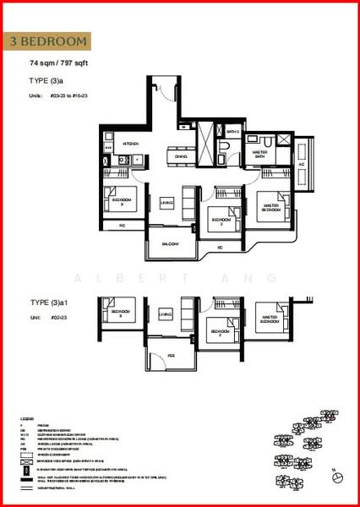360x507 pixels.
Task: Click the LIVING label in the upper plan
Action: (x=167, y=201)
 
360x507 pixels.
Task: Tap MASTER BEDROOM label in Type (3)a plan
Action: (x=271, y=207)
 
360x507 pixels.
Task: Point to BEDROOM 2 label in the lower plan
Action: (x=221, y=332)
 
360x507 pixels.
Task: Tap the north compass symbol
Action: (x=337, y=477)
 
